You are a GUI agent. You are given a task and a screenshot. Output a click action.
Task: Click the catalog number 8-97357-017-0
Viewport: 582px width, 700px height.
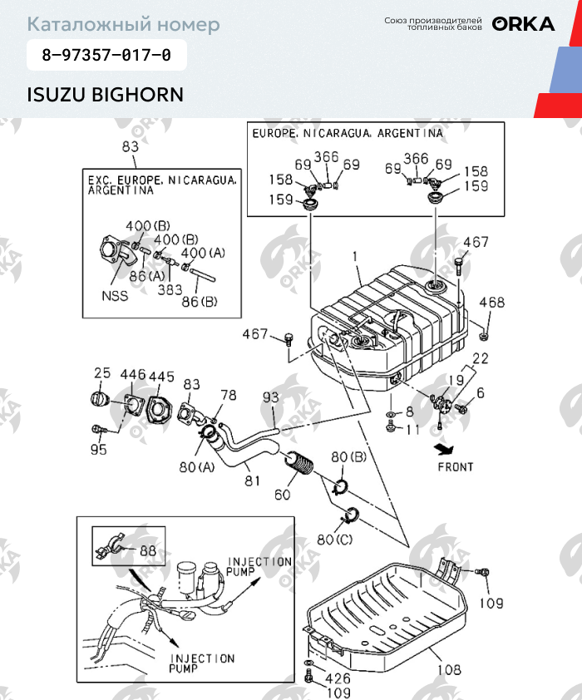(106, 57)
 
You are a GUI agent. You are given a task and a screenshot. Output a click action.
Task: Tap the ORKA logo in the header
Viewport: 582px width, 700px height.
(523, 24)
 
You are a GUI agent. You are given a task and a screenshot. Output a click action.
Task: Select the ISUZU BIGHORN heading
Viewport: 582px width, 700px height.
(106, 93)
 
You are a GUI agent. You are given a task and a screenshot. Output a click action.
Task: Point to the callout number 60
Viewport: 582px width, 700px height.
(283, 495)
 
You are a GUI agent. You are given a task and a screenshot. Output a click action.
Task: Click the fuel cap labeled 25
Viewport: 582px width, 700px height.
(101, 400)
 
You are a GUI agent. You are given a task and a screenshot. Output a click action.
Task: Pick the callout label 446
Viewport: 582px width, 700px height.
(133, 376)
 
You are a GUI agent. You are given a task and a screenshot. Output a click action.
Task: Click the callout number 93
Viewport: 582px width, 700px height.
(271, 398)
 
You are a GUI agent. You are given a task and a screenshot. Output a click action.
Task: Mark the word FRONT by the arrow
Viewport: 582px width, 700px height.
(455, 466)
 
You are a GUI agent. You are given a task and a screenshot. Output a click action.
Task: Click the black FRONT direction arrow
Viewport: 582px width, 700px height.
(439, 449)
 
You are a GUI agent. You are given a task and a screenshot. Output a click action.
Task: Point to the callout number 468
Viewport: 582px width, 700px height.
(491, 303)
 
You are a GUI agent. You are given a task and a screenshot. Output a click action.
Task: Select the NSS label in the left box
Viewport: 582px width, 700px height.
(115, 294)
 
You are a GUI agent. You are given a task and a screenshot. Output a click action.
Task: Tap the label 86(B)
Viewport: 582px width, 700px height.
(199, 301)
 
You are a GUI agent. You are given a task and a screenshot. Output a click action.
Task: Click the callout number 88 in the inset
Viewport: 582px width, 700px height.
(147, 550)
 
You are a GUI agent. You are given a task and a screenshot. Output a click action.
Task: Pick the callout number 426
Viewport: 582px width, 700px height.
(337, 678)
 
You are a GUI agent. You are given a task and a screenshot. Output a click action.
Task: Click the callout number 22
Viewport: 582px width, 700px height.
(480, 358)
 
